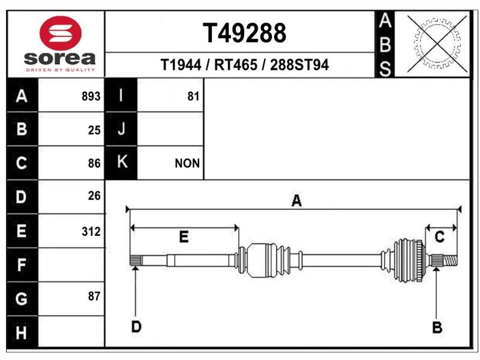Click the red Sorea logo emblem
(61, 33)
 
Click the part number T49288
(244, 33)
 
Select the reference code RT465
(235, 65)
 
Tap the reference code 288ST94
(299, 65)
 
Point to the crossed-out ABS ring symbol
(437, 44)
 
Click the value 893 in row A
(91, 97)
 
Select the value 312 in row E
(91, 232)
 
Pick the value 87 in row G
(94, 296)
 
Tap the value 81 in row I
(193, 97)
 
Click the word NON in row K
(187, 163)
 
